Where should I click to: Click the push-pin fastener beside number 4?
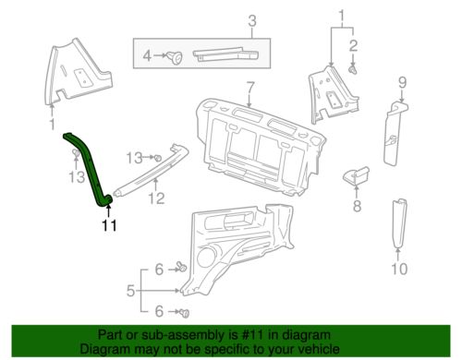click(x=174, y=58)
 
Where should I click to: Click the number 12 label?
click(x=157, y=198)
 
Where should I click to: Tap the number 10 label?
click(x=398, y=270)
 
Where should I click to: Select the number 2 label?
click(x=353, y=44)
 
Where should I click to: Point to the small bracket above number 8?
click(x=356, y=174)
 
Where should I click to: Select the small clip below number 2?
click(x=354, y=67)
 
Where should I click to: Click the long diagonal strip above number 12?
click(x=153, y=167)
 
